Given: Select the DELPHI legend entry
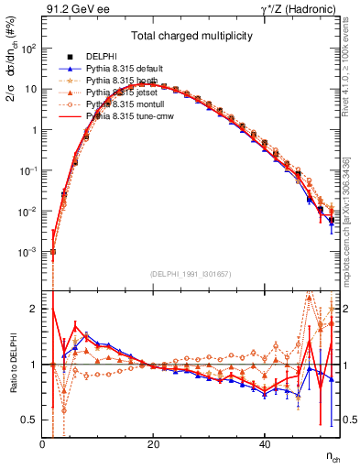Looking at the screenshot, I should pos(102,57).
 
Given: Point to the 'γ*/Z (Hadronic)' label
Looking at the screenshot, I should pos(300,10).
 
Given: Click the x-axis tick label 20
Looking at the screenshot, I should pos(154,443).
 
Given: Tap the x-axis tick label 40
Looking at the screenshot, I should pos(265,443).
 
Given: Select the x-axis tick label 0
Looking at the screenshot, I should pos(43,443).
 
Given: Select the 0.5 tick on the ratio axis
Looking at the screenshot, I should pos(30,420).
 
